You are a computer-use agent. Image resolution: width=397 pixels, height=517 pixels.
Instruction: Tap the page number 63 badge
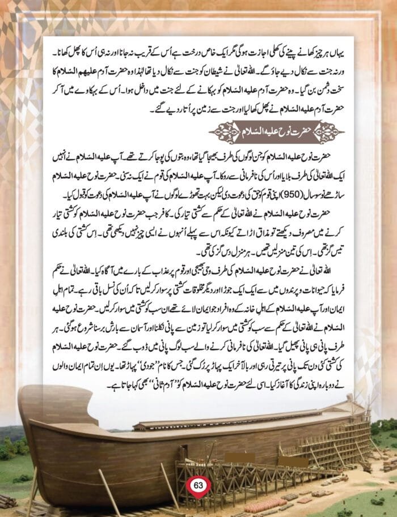pos(198,485)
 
